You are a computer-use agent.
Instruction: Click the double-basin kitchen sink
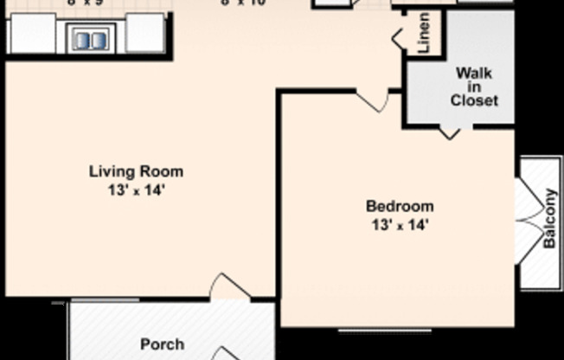pos(91,38)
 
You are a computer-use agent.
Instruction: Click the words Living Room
pos(136,171)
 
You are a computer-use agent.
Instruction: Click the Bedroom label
pos(399,206)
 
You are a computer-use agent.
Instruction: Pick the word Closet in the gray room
pos(474,100)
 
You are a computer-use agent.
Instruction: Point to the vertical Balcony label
pos(549,220)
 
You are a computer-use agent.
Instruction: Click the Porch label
pos(162,344)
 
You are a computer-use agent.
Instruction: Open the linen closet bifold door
pos(400,36)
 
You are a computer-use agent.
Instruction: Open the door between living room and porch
pos(230,287)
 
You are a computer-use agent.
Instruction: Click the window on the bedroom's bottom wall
pos(385,330)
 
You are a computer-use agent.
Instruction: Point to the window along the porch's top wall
pos(104,300)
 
